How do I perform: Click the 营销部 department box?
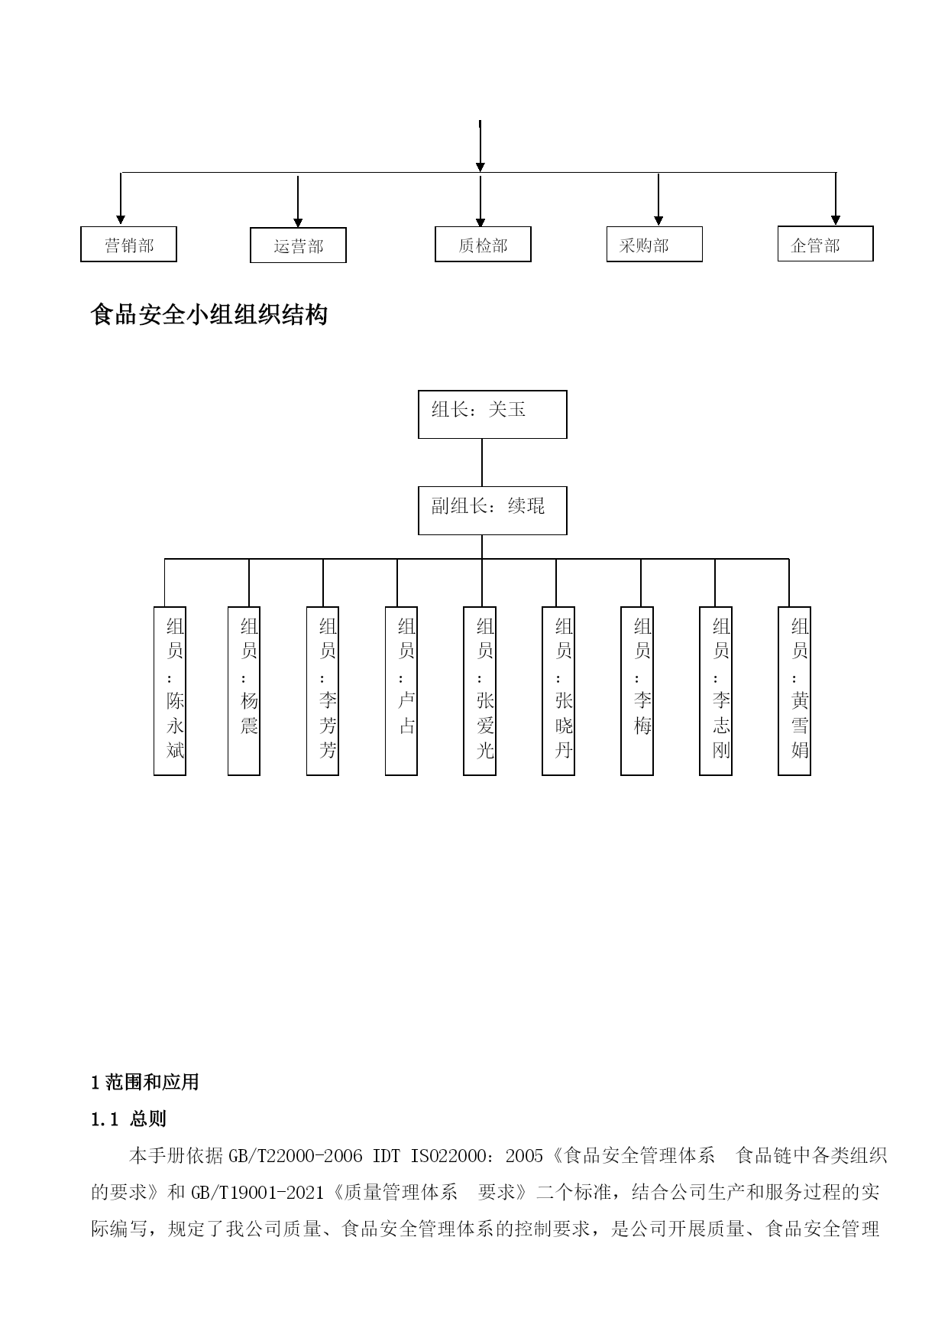coord(128,245)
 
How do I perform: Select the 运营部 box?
coord(298,245)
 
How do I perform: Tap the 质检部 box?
coord(483,245)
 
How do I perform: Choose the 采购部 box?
coord(655,245)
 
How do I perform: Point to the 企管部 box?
coord(826,244)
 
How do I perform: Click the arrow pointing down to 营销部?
coord(121,199)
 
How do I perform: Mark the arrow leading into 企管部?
coord(836,199)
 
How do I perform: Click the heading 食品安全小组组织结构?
coord(209,314)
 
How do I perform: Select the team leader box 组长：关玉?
coord(493,414)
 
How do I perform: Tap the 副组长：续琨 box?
coord(493,511)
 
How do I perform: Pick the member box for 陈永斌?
coord(170,691)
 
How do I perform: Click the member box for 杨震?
coord(244,691)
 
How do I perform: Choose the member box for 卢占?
coord(401,691)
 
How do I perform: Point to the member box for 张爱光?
coord(480,691)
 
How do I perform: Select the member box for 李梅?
coord(637,691)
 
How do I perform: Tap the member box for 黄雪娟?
coord(794,691)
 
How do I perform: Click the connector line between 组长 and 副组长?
coord(482,463)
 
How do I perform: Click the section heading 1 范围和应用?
coord(145,1083)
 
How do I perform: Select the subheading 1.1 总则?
coord(128,1119)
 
